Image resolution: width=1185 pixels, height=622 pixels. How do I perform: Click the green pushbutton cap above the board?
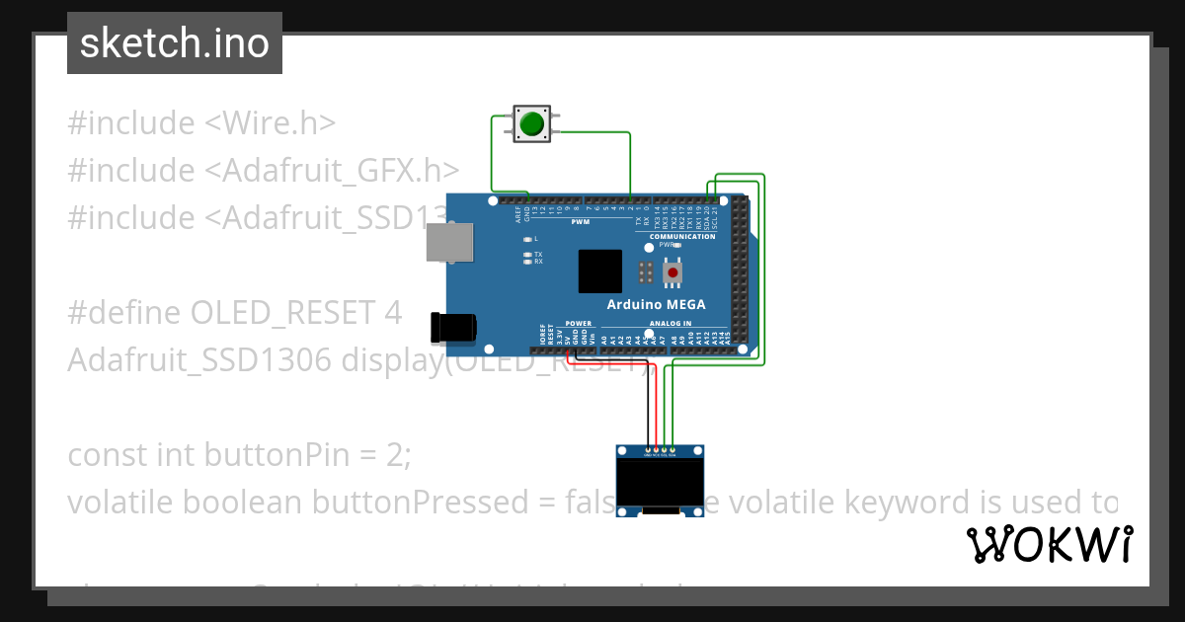pos(532,123)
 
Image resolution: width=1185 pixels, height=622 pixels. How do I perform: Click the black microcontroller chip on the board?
pos(599,272)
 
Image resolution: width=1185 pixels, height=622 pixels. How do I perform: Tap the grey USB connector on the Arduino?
pos(448,241)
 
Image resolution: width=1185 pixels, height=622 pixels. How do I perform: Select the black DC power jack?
pos(453,327)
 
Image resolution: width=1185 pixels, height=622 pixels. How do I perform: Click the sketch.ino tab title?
pos(175,43)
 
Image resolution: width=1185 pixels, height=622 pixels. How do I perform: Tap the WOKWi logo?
pos(1050,544)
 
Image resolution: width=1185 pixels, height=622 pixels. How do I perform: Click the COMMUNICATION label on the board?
pos(682,237)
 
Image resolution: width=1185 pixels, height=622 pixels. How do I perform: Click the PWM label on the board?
pos(580,221)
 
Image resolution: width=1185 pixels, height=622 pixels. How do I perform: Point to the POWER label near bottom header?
pos(579,324)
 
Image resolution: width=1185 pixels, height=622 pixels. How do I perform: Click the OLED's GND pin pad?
pos(648,449)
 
